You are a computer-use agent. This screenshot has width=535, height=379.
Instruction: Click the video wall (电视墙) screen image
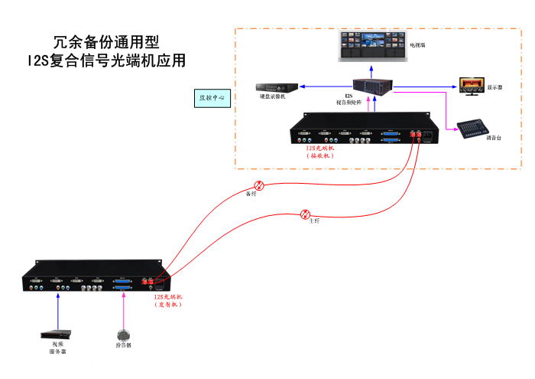pos(369,48)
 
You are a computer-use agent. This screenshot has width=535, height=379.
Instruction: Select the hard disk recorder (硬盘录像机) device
pos(271,86)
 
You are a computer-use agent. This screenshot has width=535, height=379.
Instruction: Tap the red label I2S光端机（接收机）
pos(321,151)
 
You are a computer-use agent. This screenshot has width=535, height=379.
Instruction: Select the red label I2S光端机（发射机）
pos(169,300)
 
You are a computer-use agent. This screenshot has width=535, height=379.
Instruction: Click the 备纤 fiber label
pos(250,194)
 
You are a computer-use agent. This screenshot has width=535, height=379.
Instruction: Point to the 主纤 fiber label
pos(314,221)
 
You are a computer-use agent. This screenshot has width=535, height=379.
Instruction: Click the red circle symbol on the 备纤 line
pos(259,185)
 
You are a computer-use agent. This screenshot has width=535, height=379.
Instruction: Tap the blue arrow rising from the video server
pos(58,310)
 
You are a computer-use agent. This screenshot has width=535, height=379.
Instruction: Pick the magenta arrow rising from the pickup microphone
pos(123,310)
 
